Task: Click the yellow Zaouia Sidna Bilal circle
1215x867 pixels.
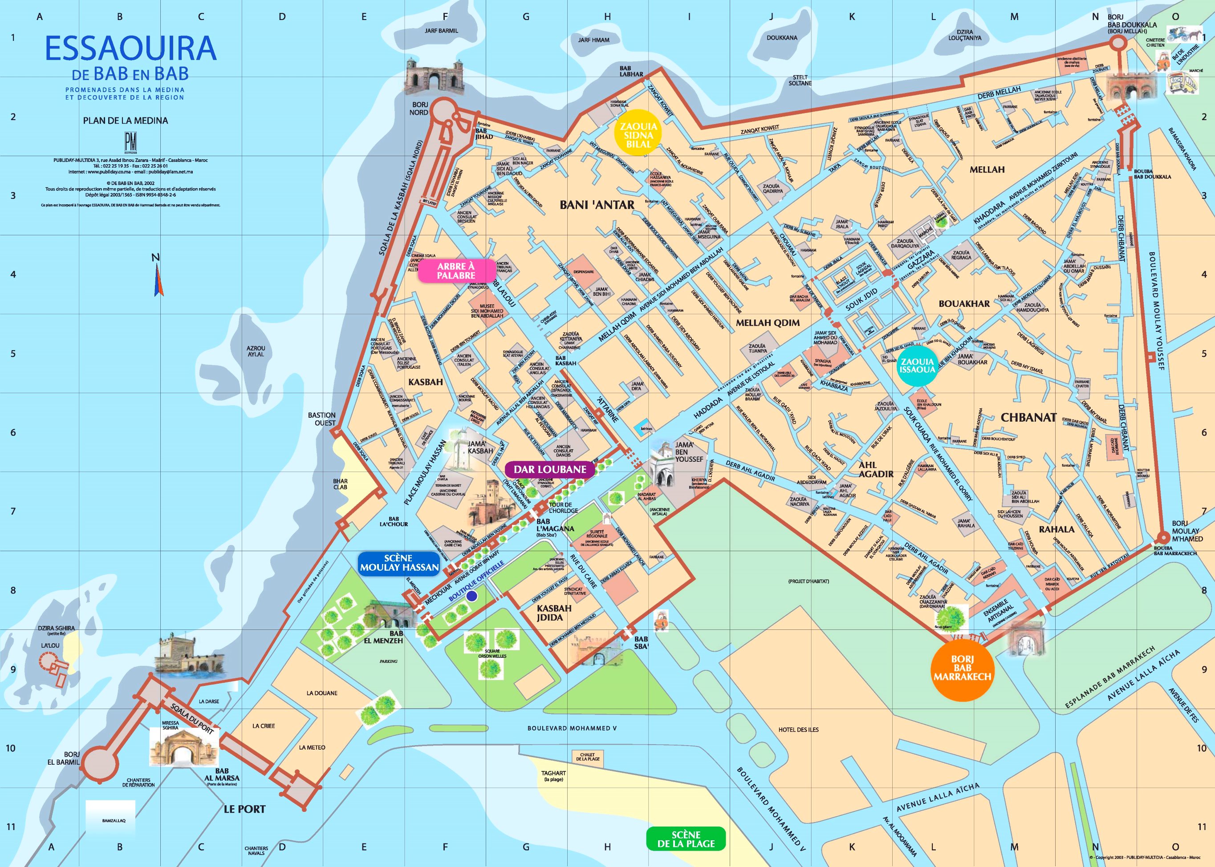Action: (638, 135)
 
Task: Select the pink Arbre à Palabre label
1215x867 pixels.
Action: (456, 270)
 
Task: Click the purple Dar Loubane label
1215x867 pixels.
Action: (549, 469)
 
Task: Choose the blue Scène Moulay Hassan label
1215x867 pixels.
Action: (399, 563)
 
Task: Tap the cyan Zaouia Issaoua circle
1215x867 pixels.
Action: (917, 366)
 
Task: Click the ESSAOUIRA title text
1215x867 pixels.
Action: (130, 48)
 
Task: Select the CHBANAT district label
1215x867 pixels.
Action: (1028, 417)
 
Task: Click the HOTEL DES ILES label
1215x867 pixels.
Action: (798, 729)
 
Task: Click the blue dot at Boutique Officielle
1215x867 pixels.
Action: (471, 597)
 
